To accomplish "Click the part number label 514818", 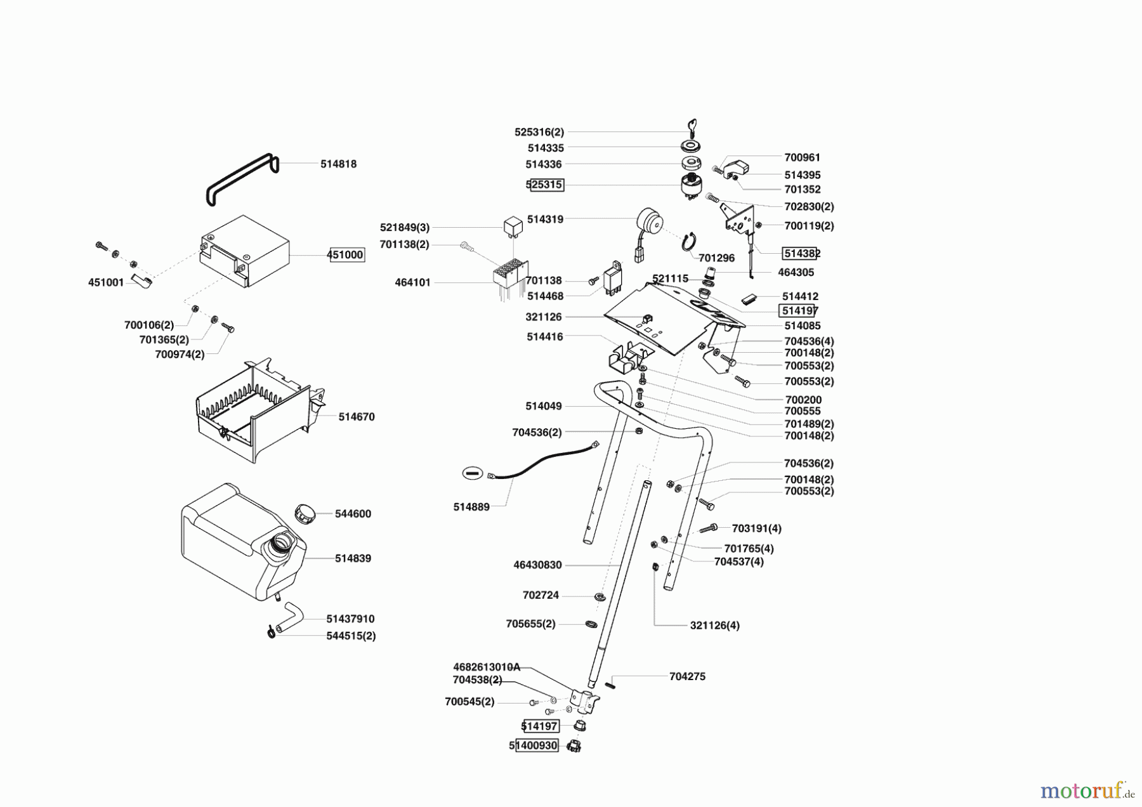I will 338,164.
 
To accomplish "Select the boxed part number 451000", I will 346,255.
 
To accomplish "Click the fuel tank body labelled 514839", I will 235,546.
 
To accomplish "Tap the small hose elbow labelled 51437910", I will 293,613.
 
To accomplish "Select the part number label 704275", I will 687,676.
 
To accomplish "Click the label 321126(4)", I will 714,625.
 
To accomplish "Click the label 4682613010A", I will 486,667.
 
